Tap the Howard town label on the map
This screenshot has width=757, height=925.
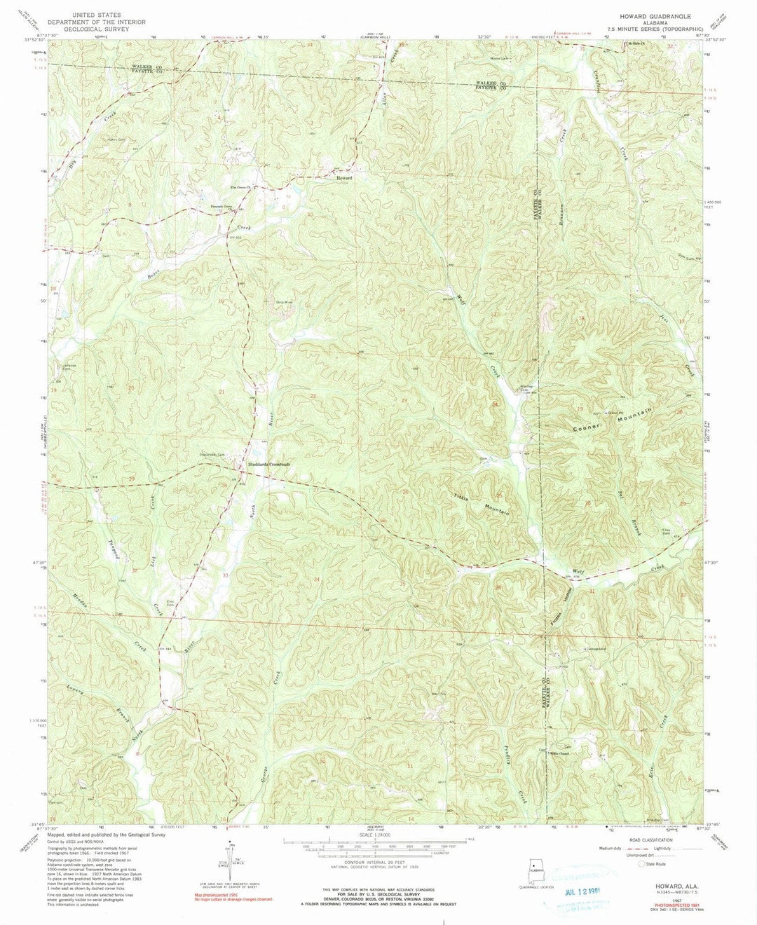click(x=343, y=178)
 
